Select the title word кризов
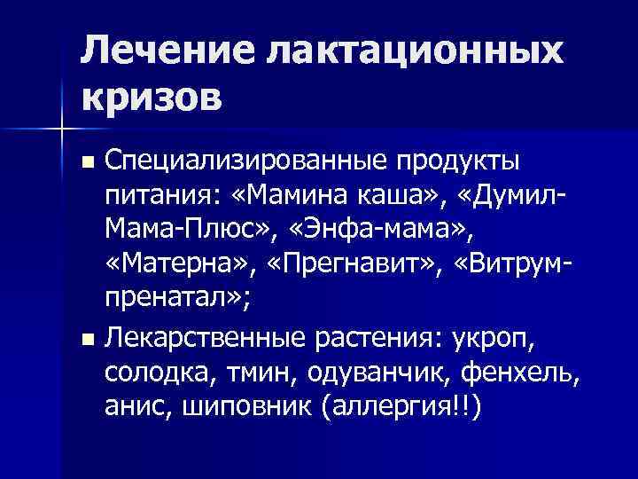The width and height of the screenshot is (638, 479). tap(151, 93)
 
